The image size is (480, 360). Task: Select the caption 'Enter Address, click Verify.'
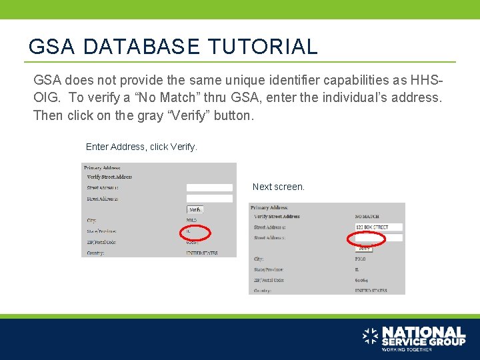coord(142,147)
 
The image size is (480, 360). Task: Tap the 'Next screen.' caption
coord(279,187)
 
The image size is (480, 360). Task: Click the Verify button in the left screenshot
coord(195,209)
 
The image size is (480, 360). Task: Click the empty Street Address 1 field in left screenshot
coord(209,188)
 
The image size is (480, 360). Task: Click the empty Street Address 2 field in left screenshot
coord(209,198)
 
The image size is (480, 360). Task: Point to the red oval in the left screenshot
coord(195,233)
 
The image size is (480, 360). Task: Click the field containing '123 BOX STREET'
coord(378,227)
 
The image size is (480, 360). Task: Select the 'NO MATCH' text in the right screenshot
coord(367,217)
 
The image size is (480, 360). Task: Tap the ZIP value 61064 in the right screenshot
coord(363,280)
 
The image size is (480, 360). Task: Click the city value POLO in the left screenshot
coord(193,220)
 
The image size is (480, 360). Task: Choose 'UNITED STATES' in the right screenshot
coord(371,291)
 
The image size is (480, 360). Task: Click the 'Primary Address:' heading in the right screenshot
coord(269,207)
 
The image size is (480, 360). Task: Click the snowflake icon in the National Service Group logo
coord(370,336)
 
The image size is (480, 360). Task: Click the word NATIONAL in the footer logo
coord(423,332)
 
